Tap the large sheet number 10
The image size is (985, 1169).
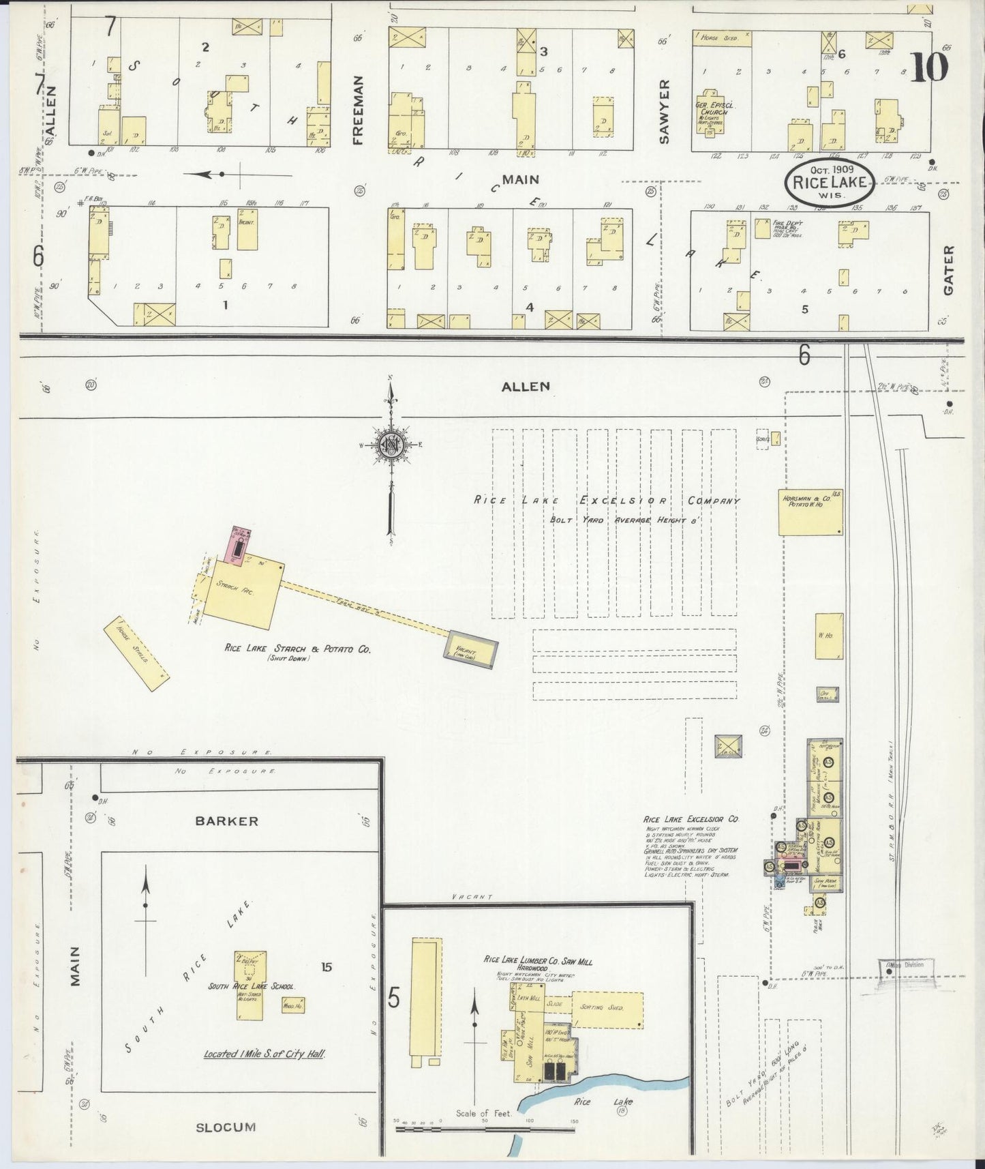[929, 68]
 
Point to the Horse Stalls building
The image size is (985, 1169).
[136, 649]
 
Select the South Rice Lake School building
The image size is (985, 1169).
[250, 985]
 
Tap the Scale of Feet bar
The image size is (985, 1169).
[486, 1129]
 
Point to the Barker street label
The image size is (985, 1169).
[226, 820]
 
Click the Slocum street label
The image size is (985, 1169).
[226, 1127]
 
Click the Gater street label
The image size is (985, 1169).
[948, 271]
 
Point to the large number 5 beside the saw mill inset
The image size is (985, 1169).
[393, 998]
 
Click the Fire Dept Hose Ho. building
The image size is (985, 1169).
[762, 228]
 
